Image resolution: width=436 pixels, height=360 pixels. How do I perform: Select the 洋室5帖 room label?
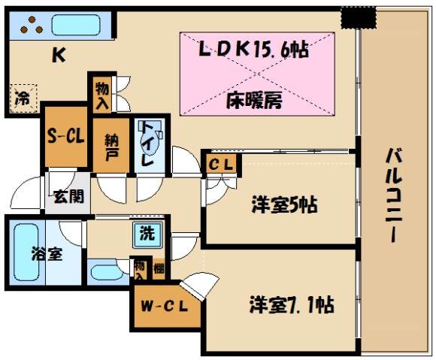(x=283, y=204)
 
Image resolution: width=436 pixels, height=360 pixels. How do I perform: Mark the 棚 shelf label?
(x=158, y=268)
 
